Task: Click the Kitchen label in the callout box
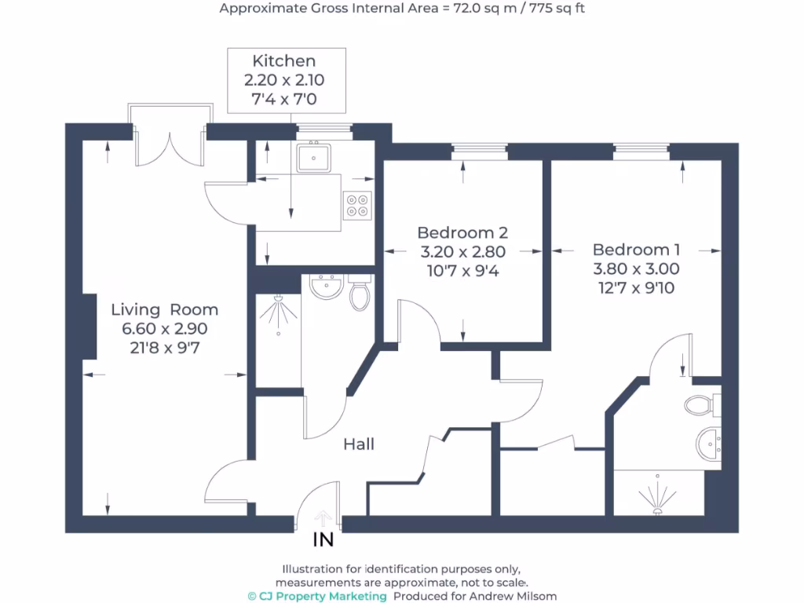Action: point(284,61)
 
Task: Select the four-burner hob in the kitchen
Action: point(356,206)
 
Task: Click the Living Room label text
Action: point(164,309)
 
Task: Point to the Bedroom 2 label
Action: point(462,232)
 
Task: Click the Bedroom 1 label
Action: point(636,250)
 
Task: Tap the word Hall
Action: point(359,444)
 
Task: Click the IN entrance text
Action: point(323,540)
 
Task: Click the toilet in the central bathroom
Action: point(360,294)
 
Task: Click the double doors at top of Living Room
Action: point(170,145)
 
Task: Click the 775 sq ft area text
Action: point(556,9)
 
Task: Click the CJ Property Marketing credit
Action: point(317,596)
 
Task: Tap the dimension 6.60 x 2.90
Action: point(164,329)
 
